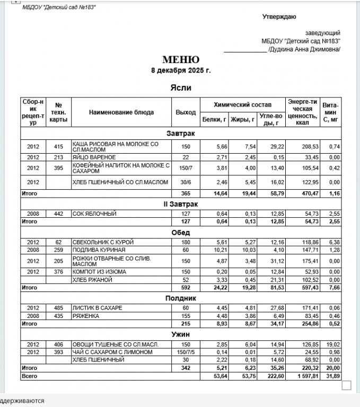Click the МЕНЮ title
click(x=181, y=60)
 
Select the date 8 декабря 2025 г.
click(x=181, y=70)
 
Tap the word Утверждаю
click(x=279, y=17)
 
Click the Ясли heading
click(x=181, y=88)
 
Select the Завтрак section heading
click(x=180, y=134)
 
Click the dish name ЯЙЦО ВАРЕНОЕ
click(x=94, y=157)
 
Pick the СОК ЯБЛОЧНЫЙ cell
click(x=94, y=214)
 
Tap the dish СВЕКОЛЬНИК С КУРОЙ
click(x=103, y=242)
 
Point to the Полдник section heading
click(x=180, y=298)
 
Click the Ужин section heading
click(x=180, y=334)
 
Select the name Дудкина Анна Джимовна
click(x=304, y=49)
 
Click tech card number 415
click(x=58, y=146)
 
